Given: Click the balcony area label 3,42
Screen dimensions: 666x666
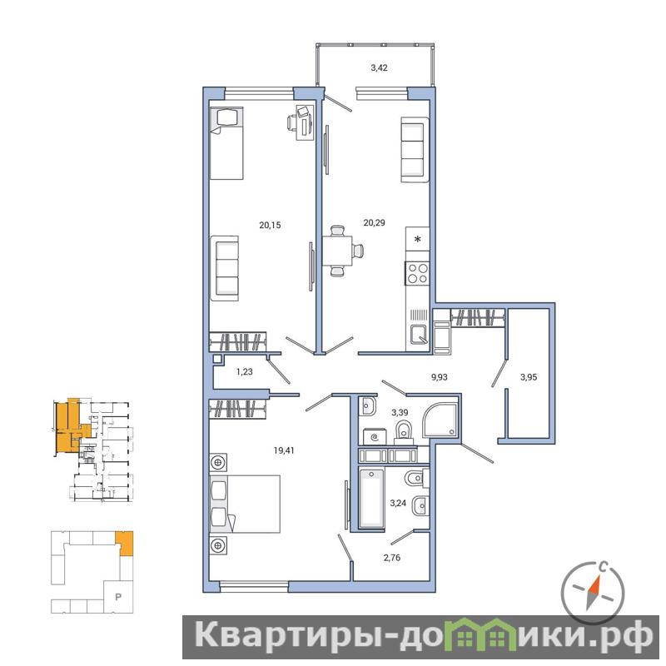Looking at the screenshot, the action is click(x=379, y=68).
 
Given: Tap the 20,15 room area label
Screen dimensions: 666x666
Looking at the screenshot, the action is click(x=270, y=225).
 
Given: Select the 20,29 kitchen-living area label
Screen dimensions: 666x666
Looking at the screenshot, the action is click(x=374, y=222).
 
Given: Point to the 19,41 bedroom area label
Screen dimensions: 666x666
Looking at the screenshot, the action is click(x=284, y=450).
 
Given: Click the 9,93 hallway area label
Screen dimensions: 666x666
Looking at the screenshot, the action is click(x=440, y=377).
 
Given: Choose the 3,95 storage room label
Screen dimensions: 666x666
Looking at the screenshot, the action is click(x=529, y=377).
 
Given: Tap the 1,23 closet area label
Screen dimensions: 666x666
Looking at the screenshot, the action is click(x=244, y=372).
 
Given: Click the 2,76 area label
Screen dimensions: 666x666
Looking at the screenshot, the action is click(x=392, y=558).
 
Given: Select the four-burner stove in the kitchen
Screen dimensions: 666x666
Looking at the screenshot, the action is click(x=418, y=273).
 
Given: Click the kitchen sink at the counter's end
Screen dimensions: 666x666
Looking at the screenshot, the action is click(x=419, y=334).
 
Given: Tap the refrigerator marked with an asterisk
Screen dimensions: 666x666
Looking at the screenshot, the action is click(x=418, y=239).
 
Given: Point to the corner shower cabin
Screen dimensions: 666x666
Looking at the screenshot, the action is click(x=440, y=420).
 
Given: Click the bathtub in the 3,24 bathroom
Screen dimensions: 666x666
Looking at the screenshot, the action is click(x=371, y=498).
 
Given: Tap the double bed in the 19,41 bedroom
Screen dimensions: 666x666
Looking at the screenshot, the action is click(x=245, y=504).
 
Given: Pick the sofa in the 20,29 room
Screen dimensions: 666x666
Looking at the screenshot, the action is click(x=415, y=150).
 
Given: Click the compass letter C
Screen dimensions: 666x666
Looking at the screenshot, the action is click(x=602, y=566).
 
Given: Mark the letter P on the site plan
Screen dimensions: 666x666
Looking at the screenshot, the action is click(x=118, y=597).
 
